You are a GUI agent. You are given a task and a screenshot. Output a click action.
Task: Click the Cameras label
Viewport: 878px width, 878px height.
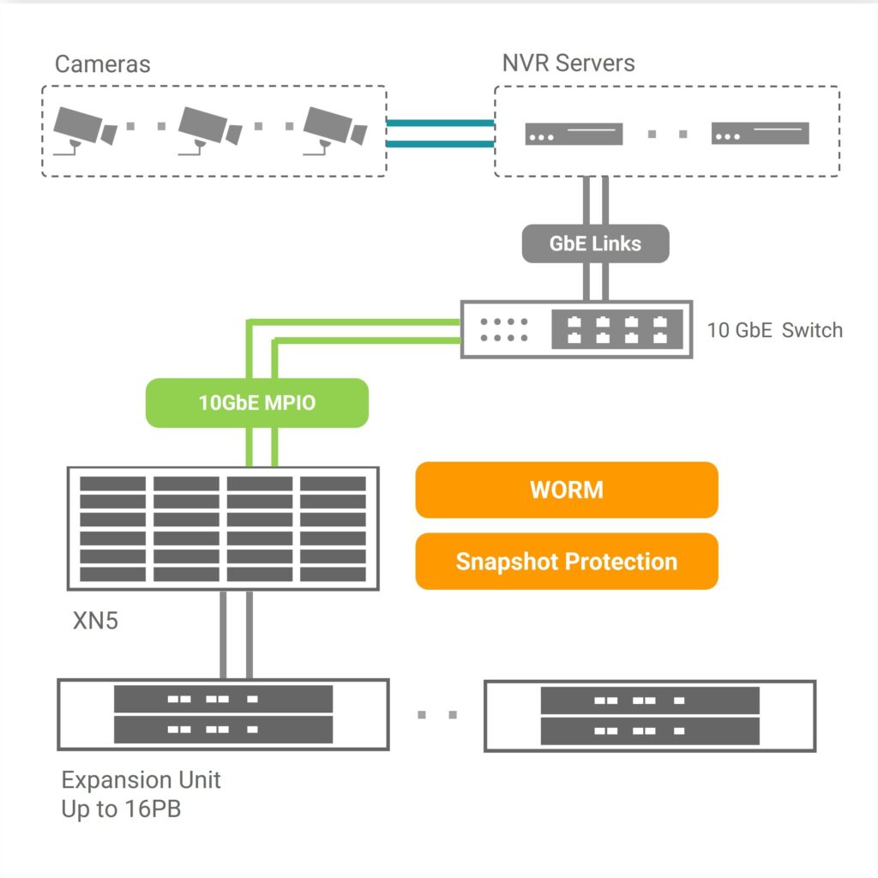point(102,64)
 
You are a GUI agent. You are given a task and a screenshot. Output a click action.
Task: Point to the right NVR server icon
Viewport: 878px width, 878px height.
point(760,134)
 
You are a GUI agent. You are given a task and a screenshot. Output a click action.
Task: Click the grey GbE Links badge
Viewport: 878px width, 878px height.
point(595,244)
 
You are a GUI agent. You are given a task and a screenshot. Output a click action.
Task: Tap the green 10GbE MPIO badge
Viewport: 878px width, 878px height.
point(257,402)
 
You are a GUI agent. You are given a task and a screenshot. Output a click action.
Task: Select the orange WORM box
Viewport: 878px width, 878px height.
point(566,490)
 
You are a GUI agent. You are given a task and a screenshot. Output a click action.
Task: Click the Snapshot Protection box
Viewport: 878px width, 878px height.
point(566,562)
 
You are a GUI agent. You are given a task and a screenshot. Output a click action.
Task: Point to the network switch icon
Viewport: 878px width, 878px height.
point(576,329)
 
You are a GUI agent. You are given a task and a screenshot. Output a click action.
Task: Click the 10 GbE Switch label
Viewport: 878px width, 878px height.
point(774,330)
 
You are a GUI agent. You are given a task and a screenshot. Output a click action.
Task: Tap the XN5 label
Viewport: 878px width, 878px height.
point(95,619)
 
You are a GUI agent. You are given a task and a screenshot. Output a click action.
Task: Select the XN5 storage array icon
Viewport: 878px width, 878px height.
point(223,528)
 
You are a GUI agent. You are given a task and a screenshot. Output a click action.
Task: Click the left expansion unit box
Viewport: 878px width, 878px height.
point(223,714)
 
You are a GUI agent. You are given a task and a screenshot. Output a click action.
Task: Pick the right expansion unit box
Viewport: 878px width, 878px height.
point(650,716)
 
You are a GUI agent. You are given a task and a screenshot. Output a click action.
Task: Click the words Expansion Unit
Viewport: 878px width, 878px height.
point(141,780)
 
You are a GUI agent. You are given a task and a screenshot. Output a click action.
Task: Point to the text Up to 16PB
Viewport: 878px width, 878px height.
point(121,809)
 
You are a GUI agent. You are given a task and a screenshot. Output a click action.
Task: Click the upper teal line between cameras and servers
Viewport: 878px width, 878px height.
point(440,123)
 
